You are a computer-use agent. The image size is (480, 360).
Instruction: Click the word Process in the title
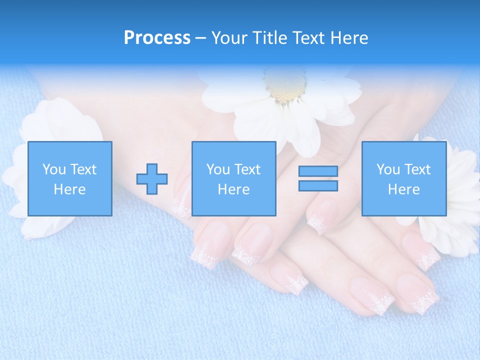[x=157, y=38]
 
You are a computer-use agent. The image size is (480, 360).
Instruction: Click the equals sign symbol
[x=318, y=178]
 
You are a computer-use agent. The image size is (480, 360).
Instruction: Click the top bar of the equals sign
[x=318, y=171]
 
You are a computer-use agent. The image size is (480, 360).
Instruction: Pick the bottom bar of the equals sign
[x=318, y=185]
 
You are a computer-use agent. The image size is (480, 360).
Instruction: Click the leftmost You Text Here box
[x=69, y=178]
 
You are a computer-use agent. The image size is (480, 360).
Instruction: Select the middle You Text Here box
[x=233, y=178]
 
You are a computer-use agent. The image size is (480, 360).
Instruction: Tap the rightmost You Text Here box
[x=403, y=178]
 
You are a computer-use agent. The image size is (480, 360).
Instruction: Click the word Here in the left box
[x=69, y=189]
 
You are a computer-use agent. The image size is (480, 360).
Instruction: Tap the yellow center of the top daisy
[x=285, y=88]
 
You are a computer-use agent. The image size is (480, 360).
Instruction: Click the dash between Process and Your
[x=200, y=38]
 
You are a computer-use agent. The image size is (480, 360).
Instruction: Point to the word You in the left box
[x=54, y=169]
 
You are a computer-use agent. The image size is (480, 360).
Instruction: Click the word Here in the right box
[x=403, y=189]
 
